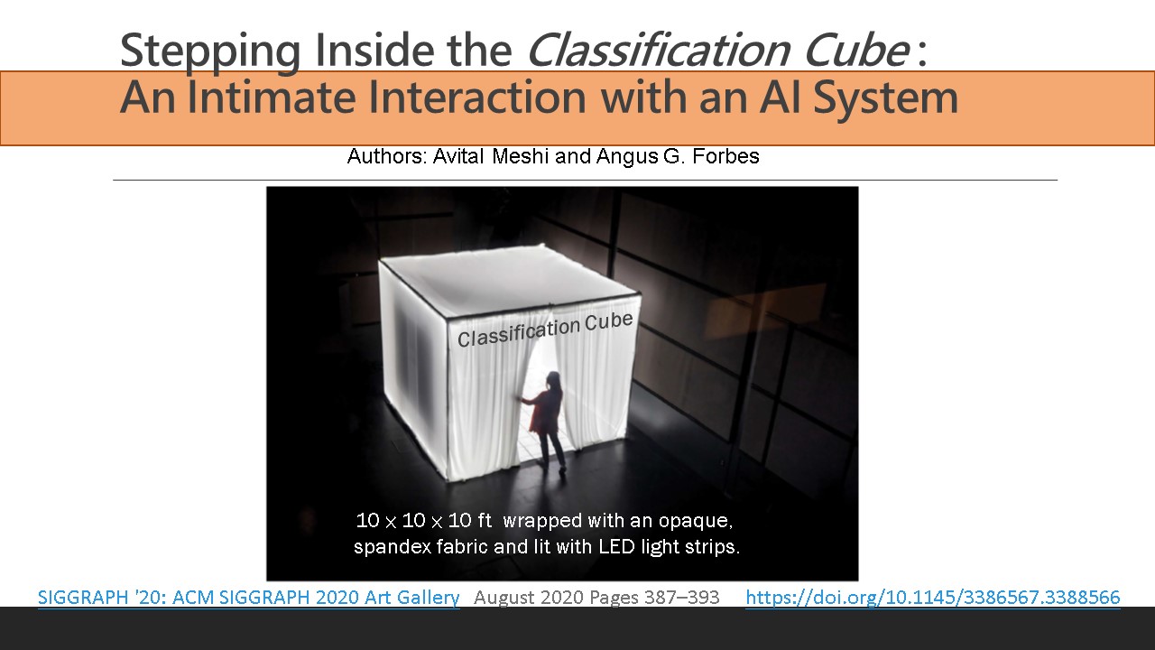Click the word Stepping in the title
click(210, 51)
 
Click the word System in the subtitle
click(885, 98)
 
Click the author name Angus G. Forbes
click(678, 156)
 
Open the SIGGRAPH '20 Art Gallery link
click(248, 597)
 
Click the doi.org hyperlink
click(933, 597)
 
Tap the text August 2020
click(529, 598)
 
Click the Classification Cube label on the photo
click(545, 330)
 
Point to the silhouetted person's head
click(553, 381)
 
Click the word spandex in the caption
click(392, 547)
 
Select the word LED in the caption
click(616, 546)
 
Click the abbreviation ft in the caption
click(485, 520)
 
